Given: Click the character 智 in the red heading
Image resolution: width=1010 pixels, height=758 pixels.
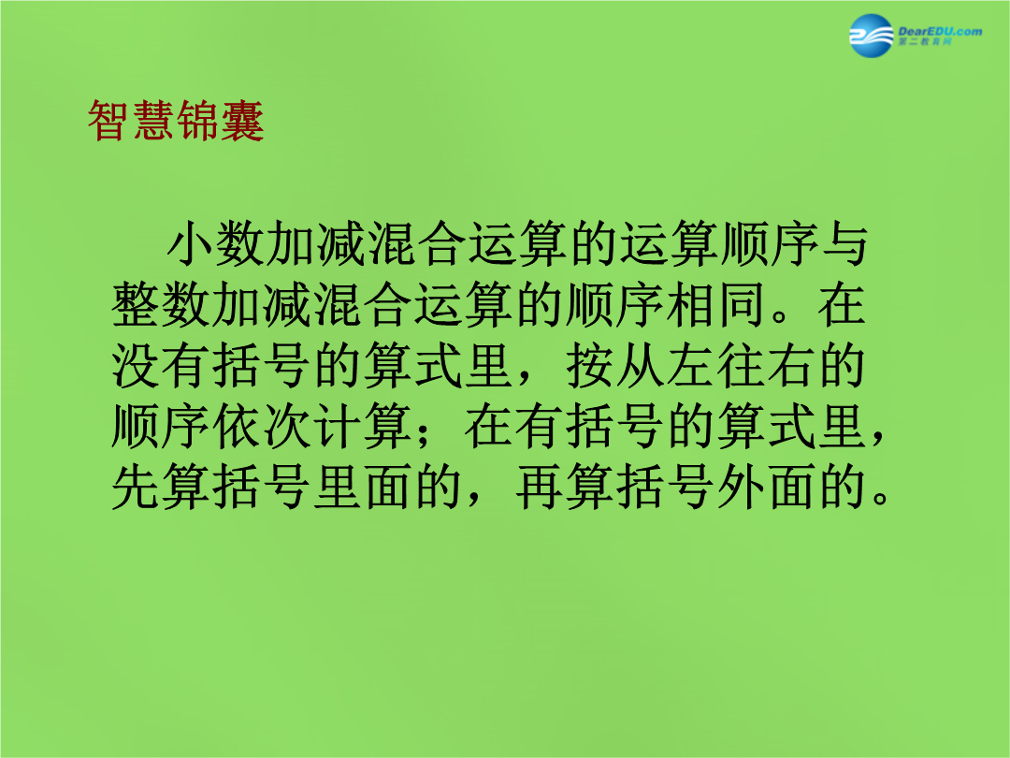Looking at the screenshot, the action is point(108,121).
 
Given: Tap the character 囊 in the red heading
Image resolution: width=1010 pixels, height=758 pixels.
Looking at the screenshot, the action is point(243,121).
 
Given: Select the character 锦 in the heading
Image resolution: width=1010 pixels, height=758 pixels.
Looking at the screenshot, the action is point(197,121).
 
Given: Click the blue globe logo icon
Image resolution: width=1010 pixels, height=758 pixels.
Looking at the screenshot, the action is point(871,36).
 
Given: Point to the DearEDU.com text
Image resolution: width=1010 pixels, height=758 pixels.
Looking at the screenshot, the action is point(940,31).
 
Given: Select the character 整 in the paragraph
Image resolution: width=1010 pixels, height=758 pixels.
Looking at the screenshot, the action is point(136,304).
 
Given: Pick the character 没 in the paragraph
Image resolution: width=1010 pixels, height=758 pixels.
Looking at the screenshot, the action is point(136,366).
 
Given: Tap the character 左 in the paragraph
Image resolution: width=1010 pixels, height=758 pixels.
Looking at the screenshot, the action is point(690,366).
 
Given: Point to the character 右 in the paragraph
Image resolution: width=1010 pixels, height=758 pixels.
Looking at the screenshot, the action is point(792,366).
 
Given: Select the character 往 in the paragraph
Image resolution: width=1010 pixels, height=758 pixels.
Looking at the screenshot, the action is point(741,366).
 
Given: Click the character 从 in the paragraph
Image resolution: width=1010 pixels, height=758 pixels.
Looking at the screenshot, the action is point(640,366).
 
